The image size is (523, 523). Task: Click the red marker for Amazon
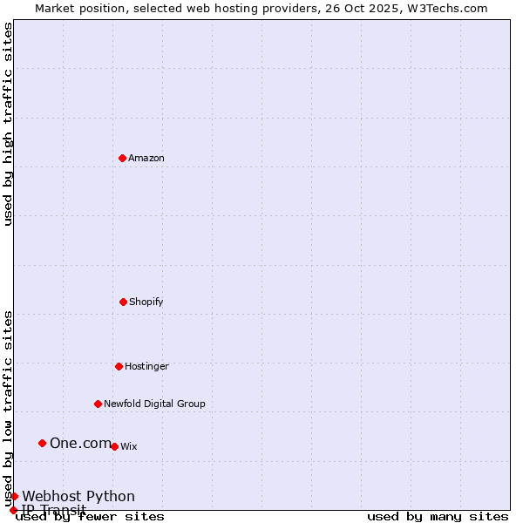coord(122,158)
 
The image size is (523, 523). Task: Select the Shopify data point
coord(123,302)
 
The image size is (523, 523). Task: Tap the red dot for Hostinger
coord(119,366)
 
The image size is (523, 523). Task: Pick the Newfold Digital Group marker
coord(98,404)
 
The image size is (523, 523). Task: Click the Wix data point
coord(114,446)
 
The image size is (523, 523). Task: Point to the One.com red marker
coord(42,443)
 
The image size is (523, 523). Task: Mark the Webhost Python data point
coord(14,496)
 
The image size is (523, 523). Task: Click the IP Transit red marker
coord(13,510)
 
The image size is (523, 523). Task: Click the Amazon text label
coord(146,158)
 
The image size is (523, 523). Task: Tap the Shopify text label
coord(146,302)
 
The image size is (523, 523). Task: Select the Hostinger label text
coord(146,366)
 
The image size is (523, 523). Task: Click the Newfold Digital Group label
coord(154,404)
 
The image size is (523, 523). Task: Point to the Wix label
coord(129,446)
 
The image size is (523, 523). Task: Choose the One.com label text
coord(80,443)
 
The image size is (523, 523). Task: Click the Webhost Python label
coord(78,496)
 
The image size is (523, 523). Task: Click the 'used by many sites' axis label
coord(438,516)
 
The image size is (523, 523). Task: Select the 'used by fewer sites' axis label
coord(90,516)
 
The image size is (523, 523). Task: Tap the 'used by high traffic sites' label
coord(8,124)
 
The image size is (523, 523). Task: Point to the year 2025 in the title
coord(370,8)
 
